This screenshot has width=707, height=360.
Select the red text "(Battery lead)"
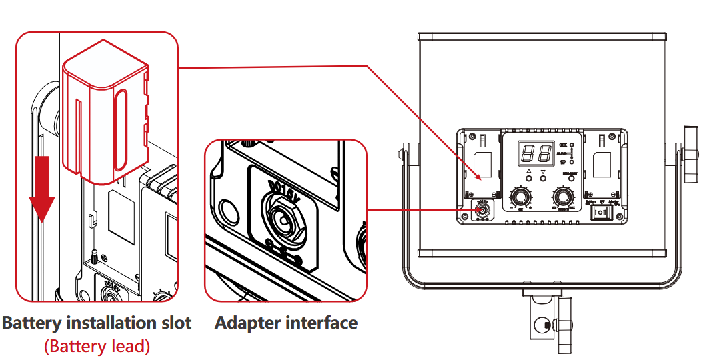97,347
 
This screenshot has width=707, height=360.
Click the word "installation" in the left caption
110,323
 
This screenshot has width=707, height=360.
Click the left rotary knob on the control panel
520,197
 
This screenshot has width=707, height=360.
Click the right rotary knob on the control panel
563,197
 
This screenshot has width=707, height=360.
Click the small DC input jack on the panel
482,211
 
